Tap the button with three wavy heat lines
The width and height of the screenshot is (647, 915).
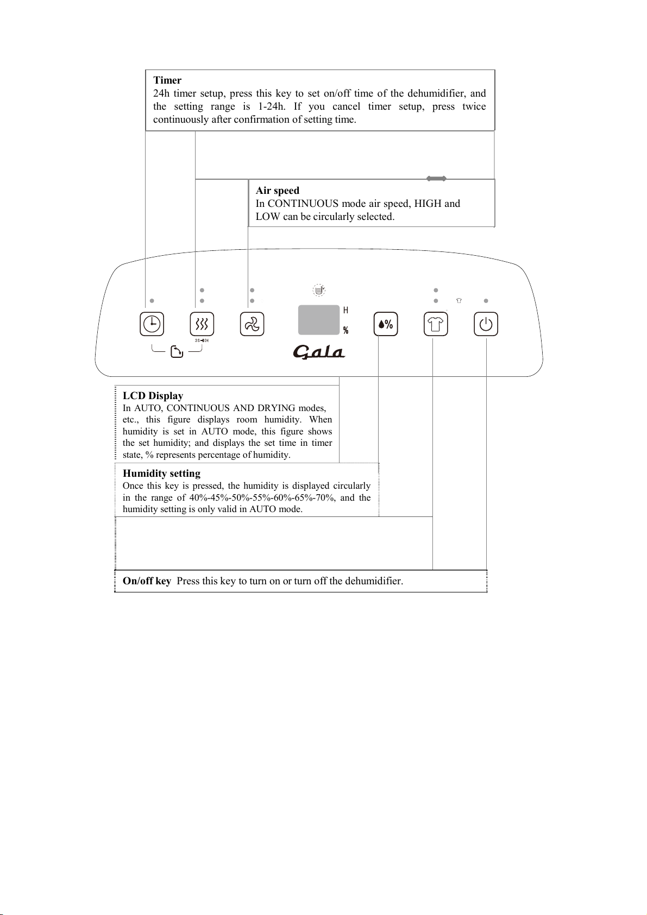[x=202, y=324]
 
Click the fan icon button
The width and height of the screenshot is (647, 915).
[x=252, y=324]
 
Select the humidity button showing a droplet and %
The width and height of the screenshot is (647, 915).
[x=385, y=324]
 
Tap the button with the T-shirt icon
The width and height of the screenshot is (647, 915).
[x=436, y=324]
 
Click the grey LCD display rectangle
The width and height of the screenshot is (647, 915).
[x=319, y=320]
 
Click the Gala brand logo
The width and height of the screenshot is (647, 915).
[x=319, y=352]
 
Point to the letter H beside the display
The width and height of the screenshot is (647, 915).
[x=346, y=311]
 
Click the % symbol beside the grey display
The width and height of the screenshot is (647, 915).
[x=346, y=330]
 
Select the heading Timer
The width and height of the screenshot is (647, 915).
[x=167, y=80]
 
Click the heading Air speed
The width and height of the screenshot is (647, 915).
[x=278, y=191]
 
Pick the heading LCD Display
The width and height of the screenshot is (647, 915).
[x=153, y=395]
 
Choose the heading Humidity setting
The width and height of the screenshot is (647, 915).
[x=161, y=473]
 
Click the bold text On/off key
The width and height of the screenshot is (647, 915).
[x=147, y=580]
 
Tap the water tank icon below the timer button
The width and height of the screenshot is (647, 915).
[x=177, y=352]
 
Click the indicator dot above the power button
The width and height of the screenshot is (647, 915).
[x=486, y=301]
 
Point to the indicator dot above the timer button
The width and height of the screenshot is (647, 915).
[x=152, y=301]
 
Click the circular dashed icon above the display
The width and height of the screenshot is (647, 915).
[x=319, y=290]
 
